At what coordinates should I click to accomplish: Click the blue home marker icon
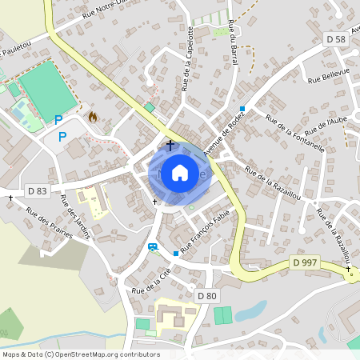180,172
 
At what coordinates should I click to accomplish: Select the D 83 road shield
37,190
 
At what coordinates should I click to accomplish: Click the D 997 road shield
303,263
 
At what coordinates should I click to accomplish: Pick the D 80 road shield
206,296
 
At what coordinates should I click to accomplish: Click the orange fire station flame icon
92,117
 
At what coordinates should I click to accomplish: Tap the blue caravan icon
152,246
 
